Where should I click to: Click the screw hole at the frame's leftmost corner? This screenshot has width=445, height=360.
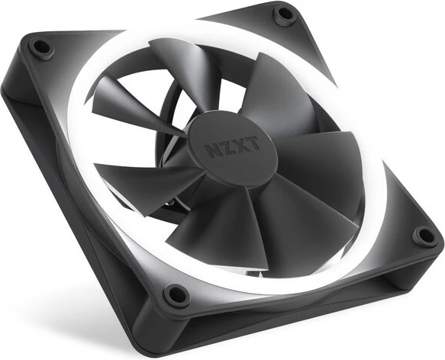pos(42,48)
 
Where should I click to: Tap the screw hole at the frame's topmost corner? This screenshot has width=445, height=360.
pos(284,13)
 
